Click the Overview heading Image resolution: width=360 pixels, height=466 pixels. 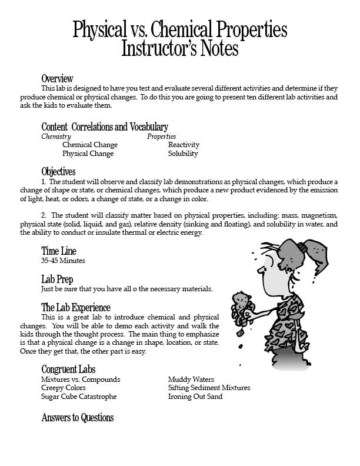[x=57, y=79]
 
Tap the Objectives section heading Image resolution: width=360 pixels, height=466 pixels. [x=58, y=172]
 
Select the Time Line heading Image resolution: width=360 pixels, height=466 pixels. [x=59, y=251]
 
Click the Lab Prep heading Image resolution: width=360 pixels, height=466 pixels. [x=57, y=279]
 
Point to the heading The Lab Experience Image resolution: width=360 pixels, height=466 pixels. [x=75, y=308]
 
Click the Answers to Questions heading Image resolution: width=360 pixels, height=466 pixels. [x=77, y=418]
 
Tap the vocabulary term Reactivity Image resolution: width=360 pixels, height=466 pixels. [x=184, y=145]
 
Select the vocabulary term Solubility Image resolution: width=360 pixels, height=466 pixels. [x=183, y=154]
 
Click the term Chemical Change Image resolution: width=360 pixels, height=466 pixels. [x=89, y=145]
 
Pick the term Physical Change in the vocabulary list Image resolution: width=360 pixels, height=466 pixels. [x=88, y=154]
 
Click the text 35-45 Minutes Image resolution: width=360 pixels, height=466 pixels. [x=63, y=260]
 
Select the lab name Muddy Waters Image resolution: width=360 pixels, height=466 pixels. [x=191, y=380]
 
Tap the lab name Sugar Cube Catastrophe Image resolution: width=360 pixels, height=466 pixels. [x=79, y=397]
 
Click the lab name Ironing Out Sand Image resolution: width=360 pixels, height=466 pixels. [x=195, y=397]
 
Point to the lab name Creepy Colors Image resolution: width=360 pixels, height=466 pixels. [x=64, y=388]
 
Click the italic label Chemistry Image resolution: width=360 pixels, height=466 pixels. [x=56, y=137]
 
